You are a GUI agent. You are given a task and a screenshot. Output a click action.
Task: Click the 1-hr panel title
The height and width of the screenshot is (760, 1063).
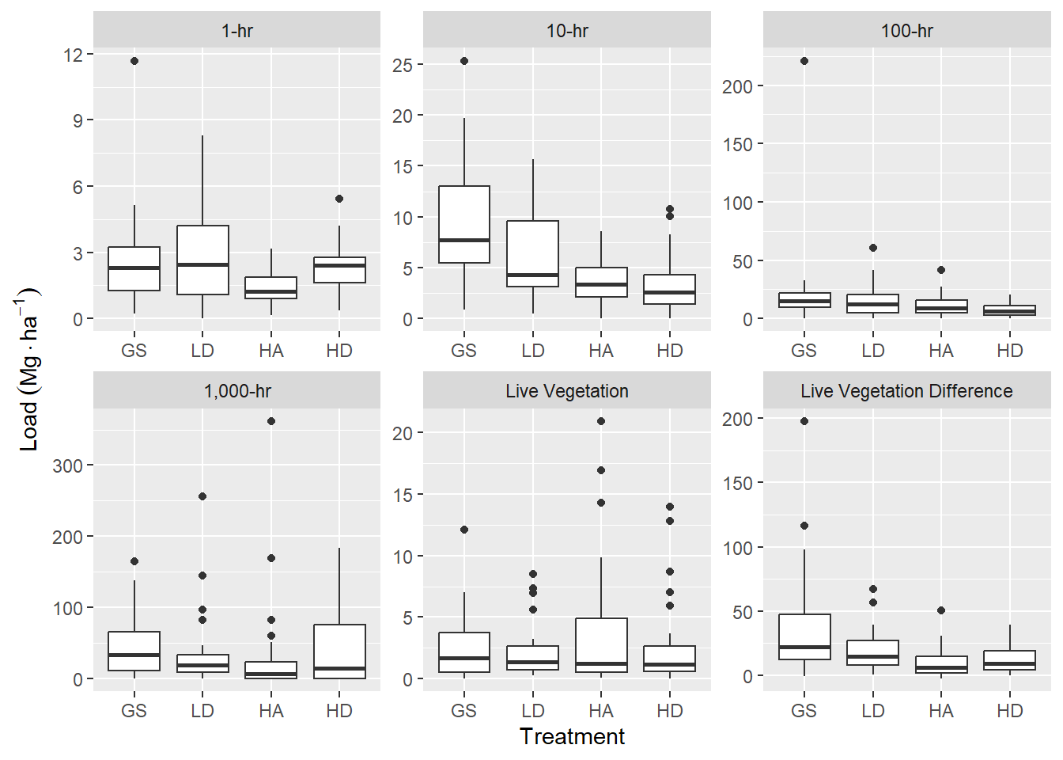pyautogui.click(x=237, y=31)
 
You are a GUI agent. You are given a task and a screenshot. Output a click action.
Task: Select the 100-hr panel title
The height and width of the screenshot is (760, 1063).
pyautogui.click(x=906, y=31)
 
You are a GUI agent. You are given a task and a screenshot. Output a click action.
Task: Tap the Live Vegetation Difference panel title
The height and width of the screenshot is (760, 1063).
pyautogui.click(x=906, y=391)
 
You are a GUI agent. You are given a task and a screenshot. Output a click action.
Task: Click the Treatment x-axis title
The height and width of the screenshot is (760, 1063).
pyautogui.click(x=572, y=736)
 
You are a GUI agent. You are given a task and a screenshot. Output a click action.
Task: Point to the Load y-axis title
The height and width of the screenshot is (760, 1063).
pyautogui.click(x=28, y=369)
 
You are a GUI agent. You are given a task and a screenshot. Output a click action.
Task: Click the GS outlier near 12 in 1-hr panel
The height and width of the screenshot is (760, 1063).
pyautogui.click(x=134, y=61)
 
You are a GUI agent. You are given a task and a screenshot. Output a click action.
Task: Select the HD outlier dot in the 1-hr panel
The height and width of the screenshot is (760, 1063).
pyautogui.click(x=339, y=199)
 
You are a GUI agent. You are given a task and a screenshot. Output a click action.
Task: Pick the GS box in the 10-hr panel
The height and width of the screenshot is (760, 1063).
pyautogui.click(x=464, y=224)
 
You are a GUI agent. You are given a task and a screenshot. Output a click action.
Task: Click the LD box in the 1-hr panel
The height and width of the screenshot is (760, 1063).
pyautogui.click(x=202, y=260)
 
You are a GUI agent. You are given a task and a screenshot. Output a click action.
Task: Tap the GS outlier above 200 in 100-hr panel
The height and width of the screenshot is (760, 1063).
pyautogui.click(x=804, y=61)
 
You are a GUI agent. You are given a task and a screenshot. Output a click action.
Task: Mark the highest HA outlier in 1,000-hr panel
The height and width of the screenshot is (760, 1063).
pyautogui.click(x=271, y=421)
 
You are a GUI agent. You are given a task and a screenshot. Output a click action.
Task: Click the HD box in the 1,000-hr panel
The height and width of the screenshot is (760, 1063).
pyautogui.click(x=339, y=651)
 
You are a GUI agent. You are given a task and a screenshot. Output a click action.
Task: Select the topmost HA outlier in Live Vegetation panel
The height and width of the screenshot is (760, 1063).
pyautogui.click(x=601, y=421)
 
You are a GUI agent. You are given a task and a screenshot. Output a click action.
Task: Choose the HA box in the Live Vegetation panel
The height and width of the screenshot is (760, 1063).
pyautogui.click(x=601, y=645)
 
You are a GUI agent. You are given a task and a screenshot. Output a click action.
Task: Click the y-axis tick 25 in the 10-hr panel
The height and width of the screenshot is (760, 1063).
pyautogui.click(x=403, y=65)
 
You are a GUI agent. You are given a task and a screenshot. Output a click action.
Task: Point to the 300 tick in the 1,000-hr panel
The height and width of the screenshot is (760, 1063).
pyautogui.click(x=67, y=465)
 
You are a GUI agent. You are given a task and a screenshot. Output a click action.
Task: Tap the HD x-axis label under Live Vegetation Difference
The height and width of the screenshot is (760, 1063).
pyautogui.click(x=1009, y=711)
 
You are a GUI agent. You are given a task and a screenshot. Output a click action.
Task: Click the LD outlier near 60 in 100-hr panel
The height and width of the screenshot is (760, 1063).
pyautogui.click(x=873, y=248)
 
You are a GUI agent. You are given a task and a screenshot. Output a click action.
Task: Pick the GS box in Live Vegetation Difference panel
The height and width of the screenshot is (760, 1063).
pyautogui.click(x=804, y=636)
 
